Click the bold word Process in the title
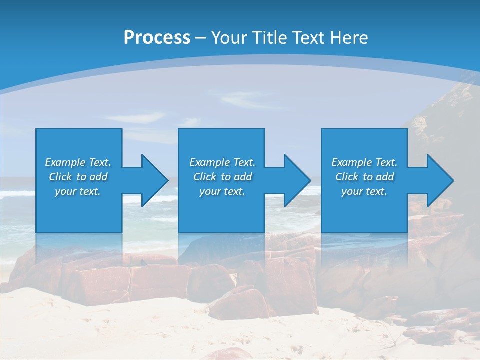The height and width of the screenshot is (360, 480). (x=157, y=38)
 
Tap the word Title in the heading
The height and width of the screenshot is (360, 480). (x=271, y=38)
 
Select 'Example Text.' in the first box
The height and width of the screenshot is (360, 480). (x=78, y=162)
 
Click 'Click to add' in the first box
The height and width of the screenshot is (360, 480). (x=78, y=177)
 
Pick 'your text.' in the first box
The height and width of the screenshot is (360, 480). (x=78, y=191)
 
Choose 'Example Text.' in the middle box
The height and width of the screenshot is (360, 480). (x=222, y=162)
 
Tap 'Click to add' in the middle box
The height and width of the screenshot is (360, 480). (x=222, y=177)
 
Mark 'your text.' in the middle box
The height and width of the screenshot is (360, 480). (x=222, y=191)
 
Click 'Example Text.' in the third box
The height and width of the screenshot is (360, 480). (x=364, y=162)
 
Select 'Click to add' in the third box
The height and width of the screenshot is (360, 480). (x=364, y=177)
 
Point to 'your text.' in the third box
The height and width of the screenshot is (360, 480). (x=364, y=191)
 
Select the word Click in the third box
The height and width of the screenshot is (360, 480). (x=347, y=177)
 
